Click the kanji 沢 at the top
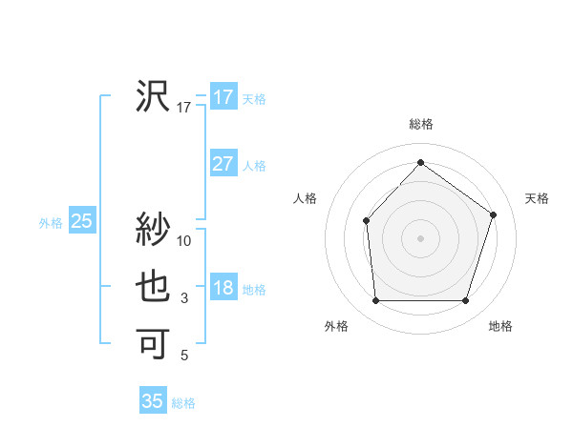click(153, 97)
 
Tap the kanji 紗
click(153, 230)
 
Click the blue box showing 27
click(223, 164)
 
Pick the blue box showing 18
click(223, 289)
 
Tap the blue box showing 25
click(81, 222)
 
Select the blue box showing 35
click(153, 401)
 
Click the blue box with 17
click(223, 97)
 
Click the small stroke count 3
click(184, 299)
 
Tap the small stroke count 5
click(184, 356)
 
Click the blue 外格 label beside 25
click(51, 223)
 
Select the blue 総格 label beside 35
click(183, 403)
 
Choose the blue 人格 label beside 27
click(254, 166)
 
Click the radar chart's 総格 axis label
click(420, 124)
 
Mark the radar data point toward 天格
click(493, 214)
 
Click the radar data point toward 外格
click(375, 301)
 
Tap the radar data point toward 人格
click(366, 221)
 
